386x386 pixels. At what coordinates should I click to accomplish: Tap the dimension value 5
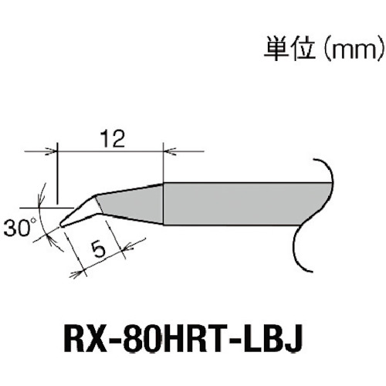pos(98,249)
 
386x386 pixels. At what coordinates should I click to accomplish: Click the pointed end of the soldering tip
pos(61,225)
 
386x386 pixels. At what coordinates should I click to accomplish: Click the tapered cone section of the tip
pos(131,201)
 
